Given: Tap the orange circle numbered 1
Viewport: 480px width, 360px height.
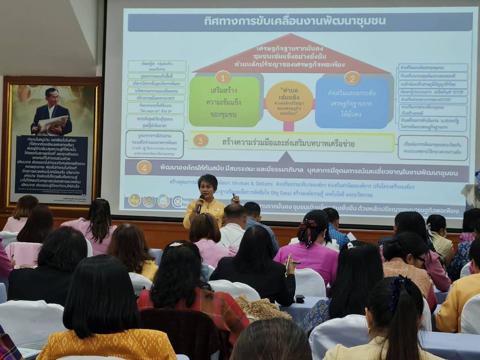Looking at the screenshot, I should click(223, 78).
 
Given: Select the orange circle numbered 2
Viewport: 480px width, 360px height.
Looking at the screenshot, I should click(352, 78).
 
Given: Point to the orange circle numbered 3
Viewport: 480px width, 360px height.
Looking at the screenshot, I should click(200, 141).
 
